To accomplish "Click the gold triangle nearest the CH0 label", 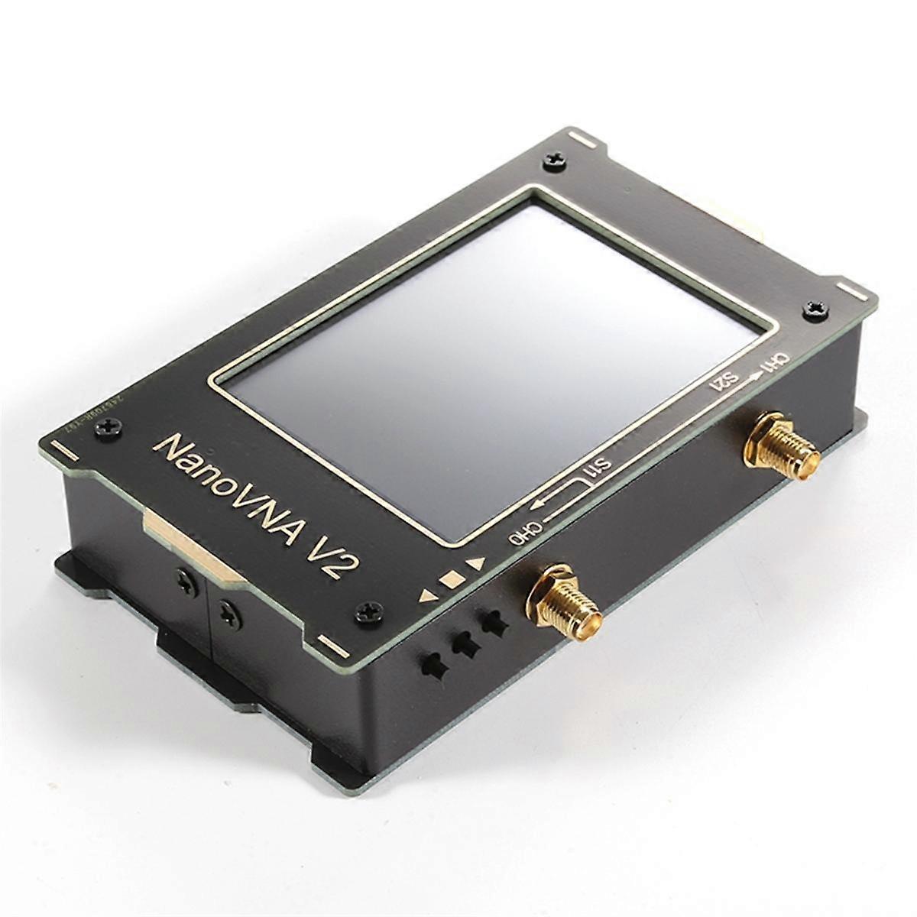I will [478, 564].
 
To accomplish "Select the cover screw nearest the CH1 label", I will [813, 309].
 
